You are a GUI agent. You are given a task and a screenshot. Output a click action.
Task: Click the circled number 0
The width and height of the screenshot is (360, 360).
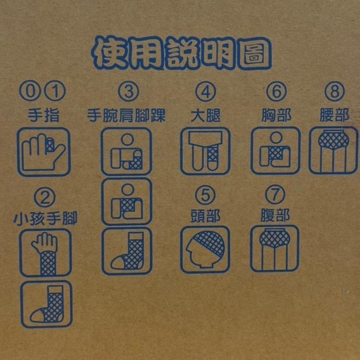(30, 91)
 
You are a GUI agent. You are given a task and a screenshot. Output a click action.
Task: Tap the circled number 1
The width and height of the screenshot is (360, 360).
(55, 91)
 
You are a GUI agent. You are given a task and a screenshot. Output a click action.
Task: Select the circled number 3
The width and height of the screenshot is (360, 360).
(128, 91)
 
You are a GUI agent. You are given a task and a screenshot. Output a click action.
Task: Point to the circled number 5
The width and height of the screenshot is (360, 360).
(205, 195)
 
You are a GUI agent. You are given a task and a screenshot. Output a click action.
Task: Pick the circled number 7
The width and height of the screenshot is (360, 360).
(275, 195)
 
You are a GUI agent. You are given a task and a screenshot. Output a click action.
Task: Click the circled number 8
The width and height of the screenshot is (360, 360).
(334, 91)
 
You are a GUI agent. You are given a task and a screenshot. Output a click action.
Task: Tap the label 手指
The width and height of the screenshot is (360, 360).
(43, 115)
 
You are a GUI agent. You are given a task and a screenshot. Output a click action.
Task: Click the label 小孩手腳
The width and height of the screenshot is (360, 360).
(45, 218)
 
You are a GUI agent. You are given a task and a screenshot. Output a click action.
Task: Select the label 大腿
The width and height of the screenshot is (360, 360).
(206, 115)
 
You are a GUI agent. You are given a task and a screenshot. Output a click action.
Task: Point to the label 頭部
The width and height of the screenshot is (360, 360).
(205, 216)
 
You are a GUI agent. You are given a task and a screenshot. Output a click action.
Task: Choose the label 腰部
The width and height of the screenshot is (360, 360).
(334, 115)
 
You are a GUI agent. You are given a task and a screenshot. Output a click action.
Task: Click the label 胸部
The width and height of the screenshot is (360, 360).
(276, 115)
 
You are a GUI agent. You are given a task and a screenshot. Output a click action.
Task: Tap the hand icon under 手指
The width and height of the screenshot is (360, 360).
(44, 152)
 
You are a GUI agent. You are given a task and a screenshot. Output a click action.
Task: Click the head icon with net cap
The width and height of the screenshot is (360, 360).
(205, 249)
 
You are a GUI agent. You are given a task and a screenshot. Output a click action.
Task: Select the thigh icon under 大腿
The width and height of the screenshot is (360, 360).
(205, 151)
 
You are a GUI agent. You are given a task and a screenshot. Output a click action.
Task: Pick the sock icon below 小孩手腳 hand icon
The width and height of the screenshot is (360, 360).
(47, 304)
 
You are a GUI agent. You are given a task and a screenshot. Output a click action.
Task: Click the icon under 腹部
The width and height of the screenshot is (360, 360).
(275, 249)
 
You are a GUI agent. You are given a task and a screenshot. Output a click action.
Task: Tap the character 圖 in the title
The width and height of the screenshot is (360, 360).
(255, 54)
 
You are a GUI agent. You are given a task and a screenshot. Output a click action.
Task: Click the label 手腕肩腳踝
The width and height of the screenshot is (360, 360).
(126, 115)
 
